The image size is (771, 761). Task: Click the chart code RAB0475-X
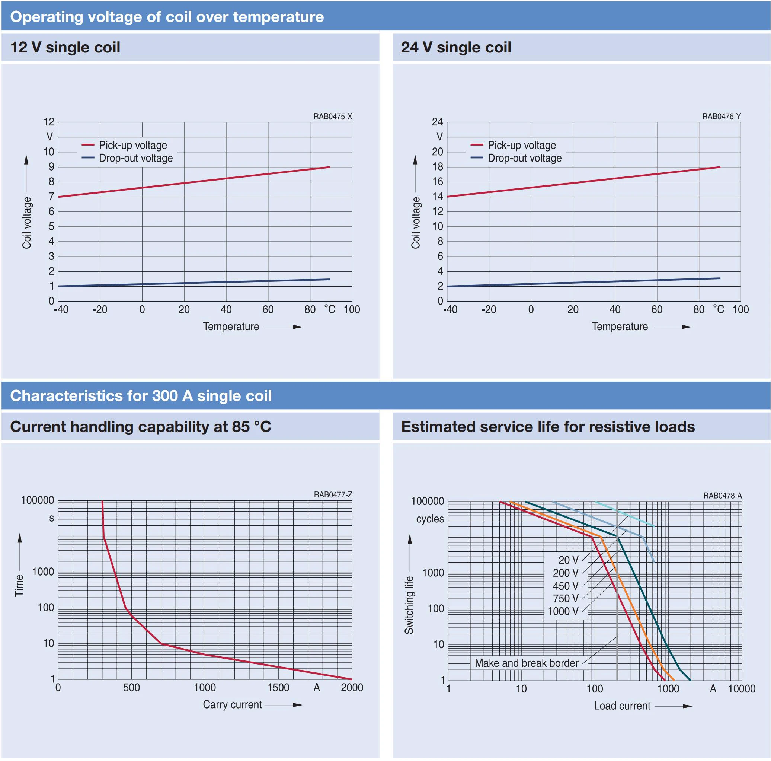coord(332,117)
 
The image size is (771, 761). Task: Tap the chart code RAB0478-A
coord(722,496)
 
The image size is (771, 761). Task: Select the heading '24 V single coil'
coord(456,48)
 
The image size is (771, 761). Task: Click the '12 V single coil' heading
coord(65,48)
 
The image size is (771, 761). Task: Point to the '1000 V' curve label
coord(563,611)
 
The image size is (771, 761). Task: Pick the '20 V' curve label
coord(568,560)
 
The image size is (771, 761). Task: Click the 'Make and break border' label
coord(527,663)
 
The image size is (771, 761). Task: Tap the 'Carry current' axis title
coord(232,704)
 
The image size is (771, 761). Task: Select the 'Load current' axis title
coord(622,706)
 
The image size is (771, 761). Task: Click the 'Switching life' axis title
coord(409,605)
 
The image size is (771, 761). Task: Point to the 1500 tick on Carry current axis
coord(278,688)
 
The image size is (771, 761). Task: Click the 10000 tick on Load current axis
coord(742,689)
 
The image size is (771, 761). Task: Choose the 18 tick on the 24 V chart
coord(438,167)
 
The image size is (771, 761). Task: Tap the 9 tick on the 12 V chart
coord(51,167)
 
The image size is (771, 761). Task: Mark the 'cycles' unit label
coord(430,519)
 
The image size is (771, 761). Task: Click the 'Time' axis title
coord(19,585)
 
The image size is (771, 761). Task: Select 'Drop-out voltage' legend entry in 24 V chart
coord(524,158)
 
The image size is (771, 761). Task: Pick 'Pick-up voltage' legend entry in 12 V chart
coord(133,145)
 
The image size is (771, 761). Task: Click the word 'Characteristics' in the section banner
coord(67,396)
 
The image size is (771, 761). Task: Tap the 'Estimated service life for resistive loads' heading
coord(548,427)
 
